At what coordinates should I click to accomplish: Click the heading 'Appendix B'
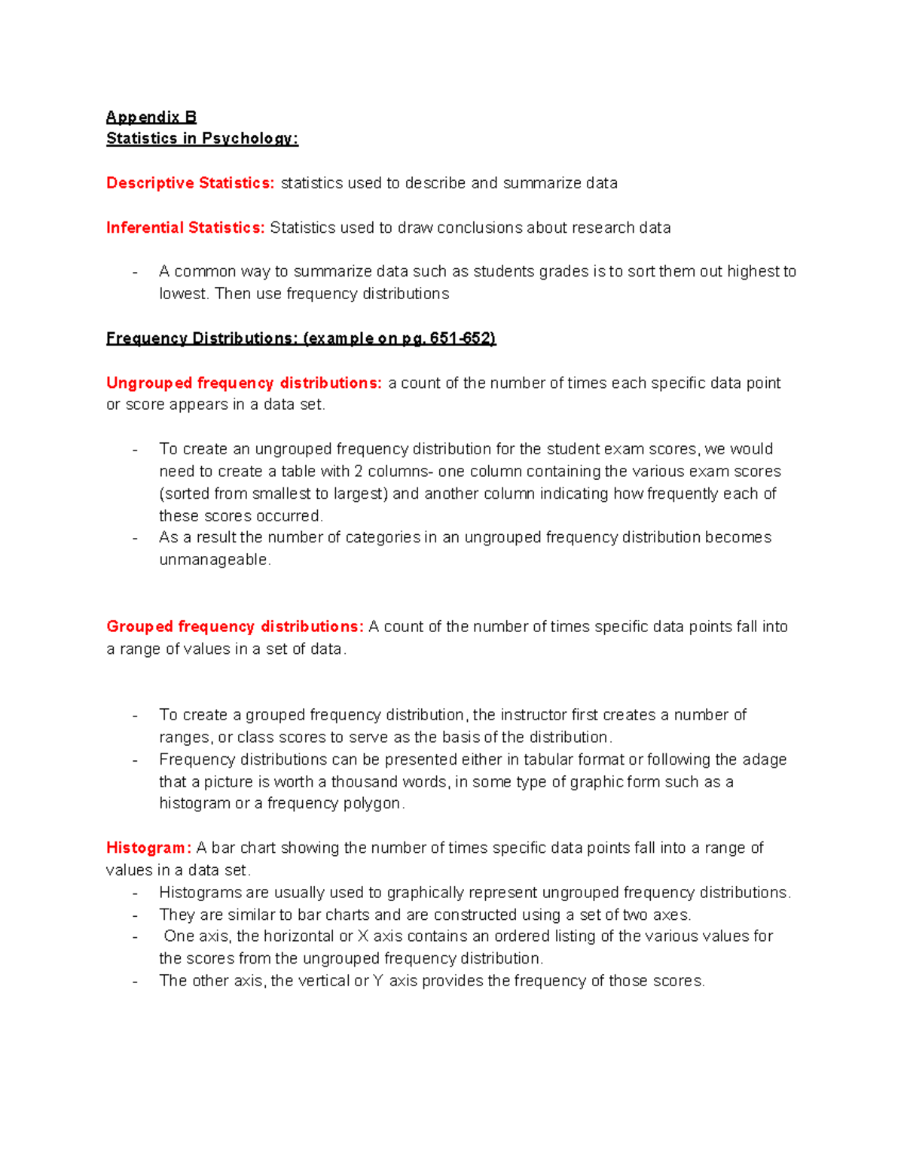(x=151, y=117)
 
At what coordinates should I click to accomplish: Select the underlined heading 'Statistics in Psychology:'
(x=202, y=139)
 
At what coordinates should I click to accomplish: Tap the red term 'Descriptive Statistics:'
(x=191, y=183)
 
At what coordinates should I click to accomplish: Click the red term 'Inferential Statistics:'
(x=185, y=228)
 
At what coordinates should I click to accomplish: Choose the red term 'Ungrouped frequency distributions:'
(x=244, y=383)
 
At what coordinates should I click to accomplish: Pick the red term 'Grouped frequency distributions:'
(x=235, y=627)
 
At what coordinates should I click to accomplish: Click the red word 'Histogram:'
(x=148, y=848)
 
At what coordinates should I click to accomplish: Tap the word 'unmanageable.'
(x=215, y=560)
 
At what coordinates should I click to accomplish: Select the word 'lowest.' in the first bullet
(x=184, y=294)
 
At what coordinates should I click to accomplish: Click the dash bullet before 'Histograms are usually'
(x=135, y=894)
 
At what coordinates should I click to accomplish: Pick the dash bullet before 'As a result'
(x=135, y=538)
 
